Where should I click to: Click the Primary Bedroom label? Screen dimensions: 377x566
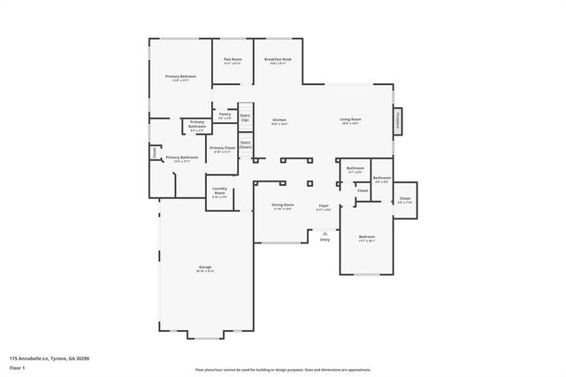tap(180, 77)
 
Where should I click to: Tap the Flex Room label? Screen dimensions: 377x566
tap(232, 59)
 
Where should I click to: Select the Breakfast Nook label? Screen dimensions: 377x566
tap(279, 59)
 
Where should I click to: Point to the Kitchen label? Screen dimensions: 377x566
tap(279, 120)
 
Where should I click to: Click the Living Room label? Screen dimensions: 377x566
tap(351, 120)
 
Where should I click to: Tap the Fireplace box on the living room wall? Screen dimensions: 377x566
tap(396, 121)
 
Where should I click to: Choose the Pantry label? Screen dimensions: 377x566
tap(225, 114)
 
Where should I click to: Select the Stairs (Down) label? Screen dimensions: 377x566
tap(245, 143)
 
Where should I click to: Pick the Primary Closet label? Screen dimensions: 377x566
tap(222, 149)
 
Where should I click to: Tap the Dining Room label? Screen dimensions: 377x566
tap(283, 205)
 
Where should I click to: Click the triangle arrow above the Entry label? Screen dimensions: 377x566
tap(325, 234)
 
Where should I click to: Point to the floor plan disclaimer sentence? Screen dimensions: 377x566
tap(282, 369)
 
